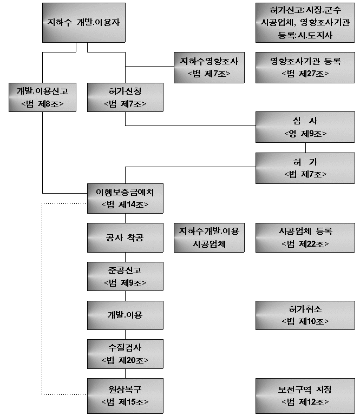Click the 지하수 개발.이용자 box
84,23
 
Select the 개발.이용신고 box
42,97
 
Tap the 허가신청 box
125,97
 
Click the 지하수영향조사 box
209,68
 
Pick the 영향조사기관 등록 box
305,68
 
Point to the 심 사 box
305,127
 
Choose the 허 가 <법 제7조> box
305,168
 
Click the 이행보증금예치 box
125,199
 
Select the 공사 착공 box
125,237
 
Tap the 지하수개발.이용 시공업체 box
209,237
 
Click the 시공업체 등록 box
305,237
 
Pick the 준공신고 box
125,276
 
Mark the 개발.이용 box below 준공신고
125,315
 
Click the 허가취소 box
305,315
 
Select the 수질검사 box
125,354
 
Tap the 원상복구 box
125,396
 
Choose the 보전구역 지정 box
305,396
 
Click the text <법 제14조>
125,204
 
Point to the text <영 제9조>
305,134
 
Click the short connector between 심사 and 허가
305,148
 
